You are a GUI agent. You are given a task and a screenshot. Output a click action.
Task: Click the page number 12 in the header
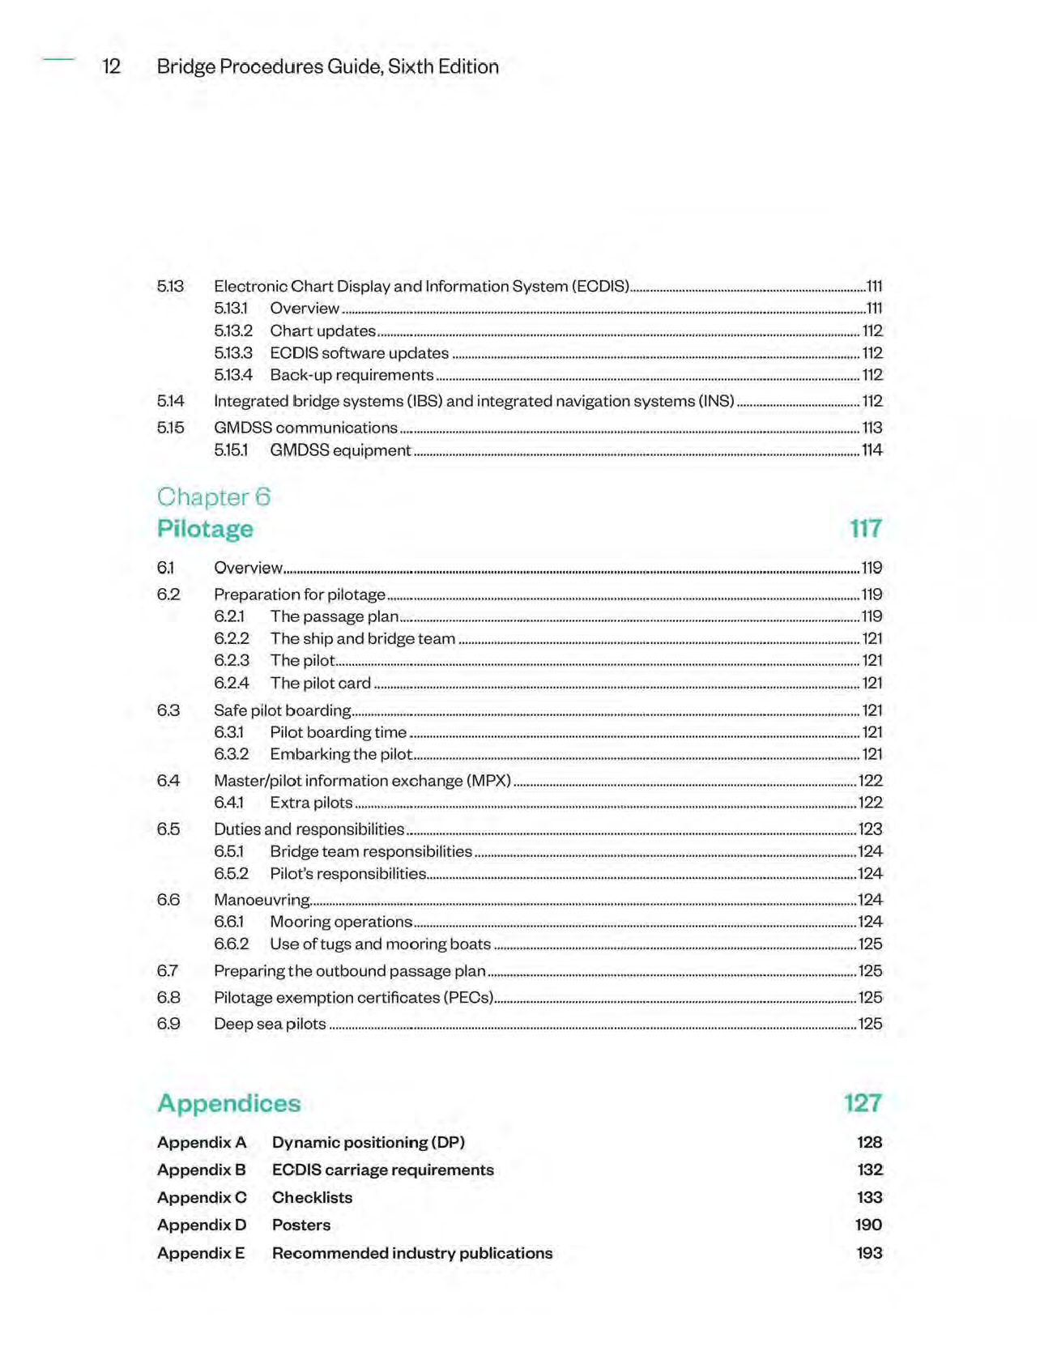tap(111, 66)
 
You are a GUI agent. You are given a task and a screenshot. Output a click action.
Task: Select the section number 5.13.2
tap(233, 330)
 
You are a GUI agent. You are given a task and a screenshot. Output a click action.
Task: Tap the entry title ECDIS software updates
tap(359, 353)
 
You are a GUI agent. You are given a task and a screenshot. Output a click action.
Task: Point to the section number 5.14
tap(170, 401)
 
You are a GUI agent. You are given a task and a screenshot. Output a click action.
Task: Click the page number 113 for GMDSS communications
tap(872, 428)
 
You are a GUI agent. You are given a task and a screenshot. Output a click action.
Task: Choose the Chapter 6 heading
tap(213, 497)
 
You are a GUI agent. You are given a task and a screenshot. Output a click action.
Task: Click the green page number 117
tap(865, 529)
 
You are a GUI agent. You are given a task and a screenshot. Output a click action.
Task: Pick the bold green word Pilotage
tap(205, 529)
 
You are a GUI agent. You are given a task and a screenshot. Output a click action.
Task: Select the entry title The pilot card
tap(320, 684)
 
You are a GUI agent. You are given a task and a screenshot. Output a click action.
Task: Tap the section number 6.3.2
tap(231, 754)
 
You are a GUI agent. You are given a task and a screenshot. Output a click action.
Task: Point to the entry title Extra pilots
tap(311, 803)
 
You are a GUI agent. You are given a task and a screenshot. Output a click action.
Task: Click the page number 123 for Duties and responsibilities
tap(870, 829)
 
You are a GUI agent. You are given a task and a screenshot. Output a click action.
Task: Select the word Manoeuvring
tap(262, 900)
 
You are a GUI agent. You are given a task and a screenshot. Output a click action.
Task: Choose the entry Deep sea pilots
tap(270, 1024)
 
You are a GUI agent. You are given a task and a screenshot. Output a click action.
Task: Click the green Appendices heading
tap(228, 1103)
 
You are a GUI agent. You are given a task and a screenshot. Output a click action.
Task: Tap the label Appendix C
tap(202, 1197)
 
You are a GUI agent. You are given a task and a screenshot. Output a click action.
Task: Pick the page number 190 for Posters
tap(868, 1225)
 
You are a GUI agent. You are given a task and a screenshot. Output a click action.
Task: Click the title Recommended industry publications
tap(411, 1253)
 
